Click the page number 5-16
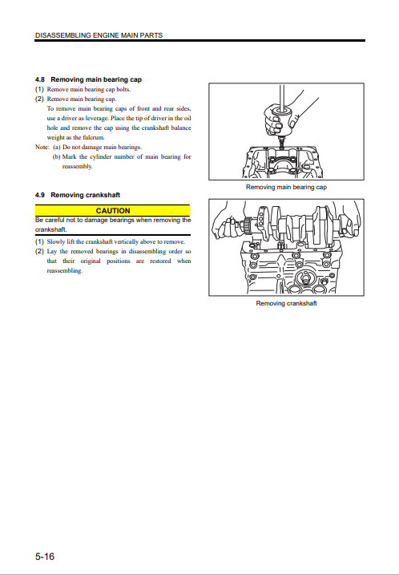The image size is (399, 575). pos(45,557)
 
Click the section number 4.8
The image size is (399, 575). pos(40,79)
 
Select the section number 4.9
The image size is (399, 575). pos(40,195)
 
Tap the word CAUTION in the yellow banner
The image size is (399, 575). pos(113,211)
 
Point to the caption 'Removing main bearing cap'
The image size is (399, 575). pos(286,187)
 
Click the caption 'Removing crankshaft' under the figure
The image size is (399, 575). pos(286,303)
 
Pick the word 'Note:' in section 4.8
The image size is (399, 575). pos(42,147)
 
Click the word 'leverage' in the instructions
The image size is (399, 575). pos(97,119)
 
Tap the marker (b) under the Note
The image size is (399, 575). pos(56,156)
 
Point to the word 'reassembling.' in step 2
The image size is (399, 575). pos(64,270)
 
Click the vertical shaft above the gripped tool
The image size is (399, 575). pos(282,97)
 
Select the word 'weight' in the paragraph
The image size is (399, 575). pos(54,137)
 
